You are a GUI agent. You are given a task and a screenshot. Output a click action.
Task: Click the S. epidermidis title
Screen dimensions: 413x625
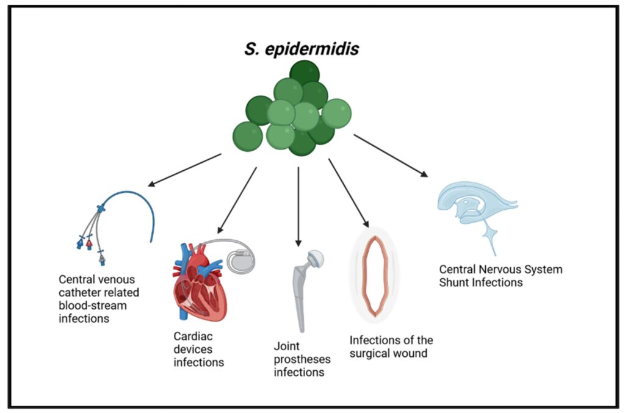coord(302,49)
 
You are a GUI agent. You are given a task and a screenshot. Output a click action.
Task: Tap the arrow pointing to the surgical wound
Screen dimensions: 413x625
coord(349,192)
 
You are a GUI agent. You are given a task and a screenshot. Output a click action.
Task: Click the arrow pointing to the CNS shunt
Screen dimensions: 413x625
coord(390,156)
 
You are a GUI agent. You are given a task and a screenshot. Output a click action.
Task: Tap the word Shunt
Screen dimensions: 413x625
coord(455,282)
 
